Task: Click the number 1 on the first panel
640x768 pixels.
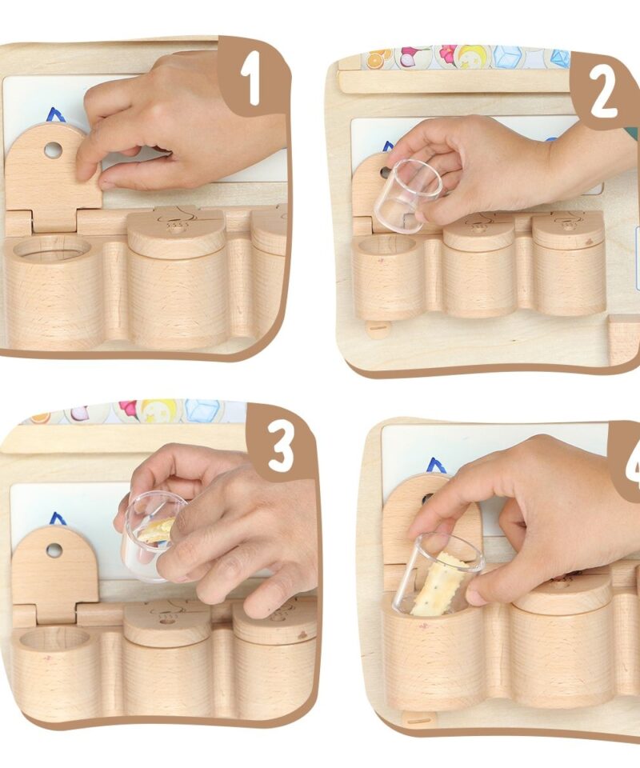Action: [252, 80]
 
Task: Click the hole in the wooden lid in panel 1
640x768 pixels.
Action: [53, 150]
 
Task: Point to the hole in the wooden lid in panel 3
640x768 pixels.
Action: [54, 550]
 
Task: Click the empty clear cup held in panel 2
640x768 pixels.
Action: [407, 195]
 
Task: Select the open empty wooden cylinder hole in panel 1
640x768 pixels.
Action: [51, 248]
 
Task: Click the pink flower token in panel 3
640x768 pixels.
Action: [129, 409]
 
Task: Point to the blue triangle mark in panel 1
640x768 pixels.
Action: [55, 115]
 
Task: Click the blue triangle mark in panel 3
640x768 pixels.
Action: [58, 518]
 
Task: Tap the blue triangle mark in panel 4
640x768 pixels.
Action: [436, 466]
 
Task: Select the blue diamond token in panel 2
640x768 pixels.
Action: [560, 58]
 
